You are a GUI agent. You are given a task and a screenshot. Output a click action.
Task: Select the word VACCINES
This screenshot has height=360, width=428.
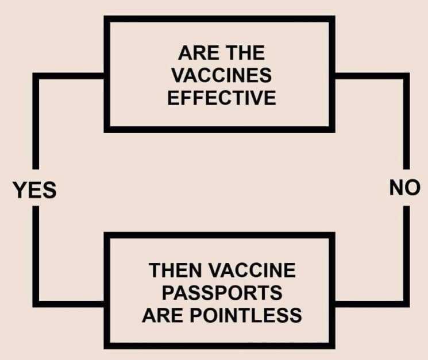pos(222,75)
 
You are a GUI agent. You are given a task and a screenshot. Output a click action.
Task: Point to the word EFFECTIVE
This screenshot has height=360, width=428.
pos(222,98)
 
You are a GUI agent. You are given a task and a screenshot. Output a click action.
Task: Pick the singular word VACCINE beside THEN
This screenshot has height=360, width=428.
pos(252,270)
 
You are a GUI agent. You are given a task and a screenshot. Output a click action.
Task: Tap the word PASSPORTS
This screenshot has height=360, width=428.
pos(222,293)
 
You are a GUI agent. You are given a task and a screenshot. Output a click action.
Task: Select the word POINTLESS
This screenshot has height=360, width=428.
pos(246,315)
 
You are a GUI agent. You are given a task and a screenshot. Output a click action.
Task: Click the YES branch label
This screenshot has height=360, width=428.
pos(34,190)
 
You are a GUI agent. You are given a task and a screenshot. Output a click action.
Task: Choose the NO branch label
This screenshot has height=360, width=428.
pos(405,188)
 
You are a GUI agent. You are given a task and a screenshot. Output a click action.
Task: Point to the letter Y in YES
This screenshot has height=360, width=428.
pos(20,190)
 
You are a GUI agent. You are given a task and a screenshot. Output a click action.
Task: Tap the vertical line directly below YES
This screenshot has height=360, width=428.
pos(36,257)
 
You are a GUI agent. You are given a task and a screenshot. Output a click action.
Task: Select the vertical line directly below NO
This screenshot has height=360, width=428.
pos(406,257)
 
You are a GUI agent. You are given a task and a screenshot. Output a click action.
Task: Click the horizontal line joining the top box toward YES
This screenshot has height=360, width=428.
pos(68,76)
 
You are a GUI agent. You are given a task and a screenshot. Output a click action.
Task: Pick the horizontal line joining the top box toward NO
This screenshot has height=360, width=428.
pos(372,76)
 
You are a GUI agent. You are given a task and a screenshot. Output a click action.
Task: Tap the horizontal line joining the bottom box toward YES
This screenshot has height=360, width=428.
pos(68,304)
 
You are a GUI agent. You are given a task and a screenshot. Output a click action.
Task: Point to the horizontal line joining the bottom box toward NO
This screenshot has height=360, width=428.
pos(372,304)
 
